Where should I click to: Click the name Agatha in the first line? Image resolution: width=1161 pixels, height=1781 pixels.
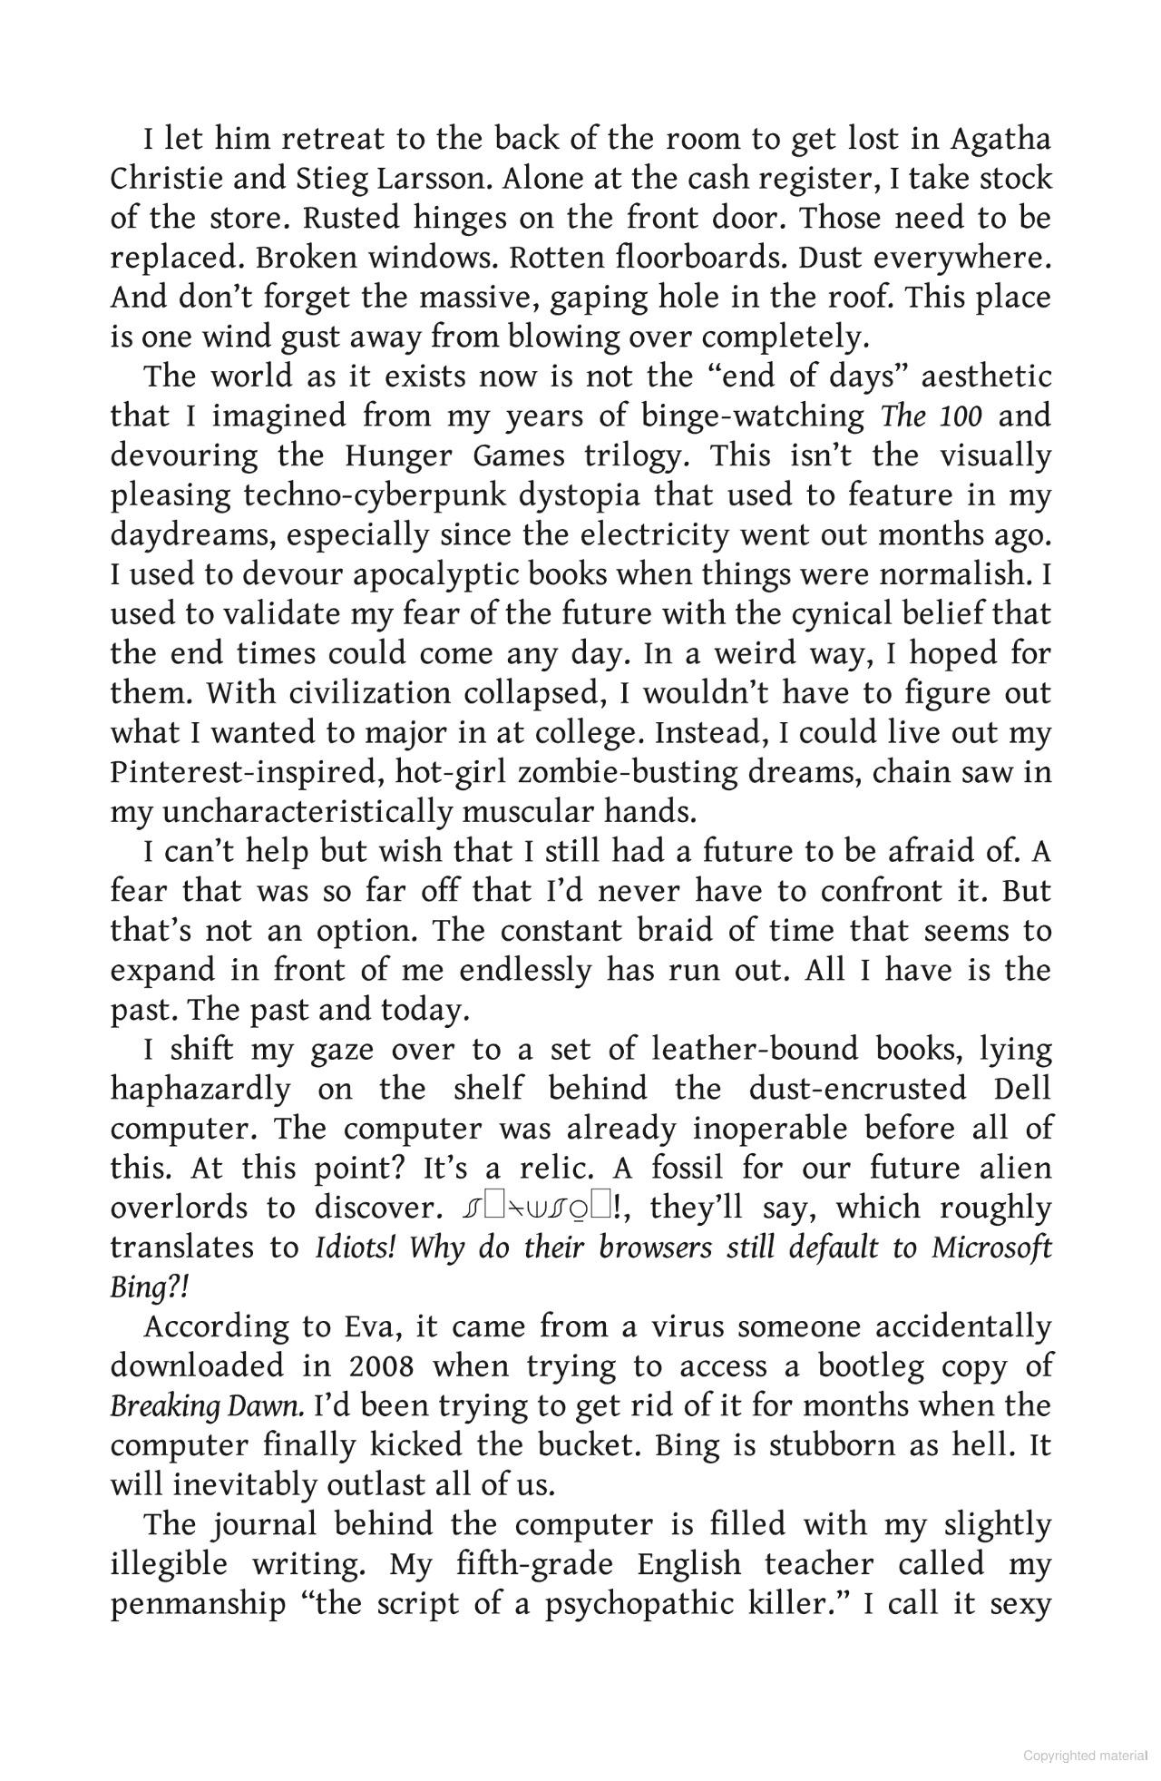pyautogui.click(x=1000, y=141)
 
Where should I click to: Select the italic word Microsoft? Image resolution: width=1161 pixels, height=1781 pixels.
pyautogui.click(x=991, y=1248)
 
